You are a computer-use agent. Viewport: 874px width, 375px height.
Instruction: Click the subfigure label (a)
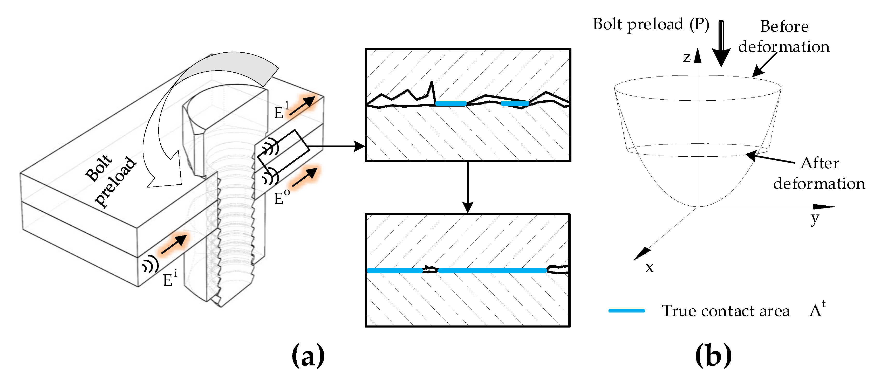pos(308,355)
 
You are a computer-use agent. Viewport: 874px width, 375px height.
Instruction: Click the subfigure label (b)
pos(713,355)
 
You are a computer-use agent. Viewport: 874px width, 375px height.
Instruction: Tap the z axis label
pos(687,57)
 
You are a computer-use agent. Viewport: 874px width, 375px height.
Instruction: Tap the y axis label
pos(815,219)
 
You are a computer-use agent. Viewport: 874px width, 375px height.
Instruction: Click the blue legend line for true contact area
pos(626,311)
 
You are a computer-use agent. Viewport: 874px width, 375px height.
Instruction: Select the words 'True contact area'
pos(725,311)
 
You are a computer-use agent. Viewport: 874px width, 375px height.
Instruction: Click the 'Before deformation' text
pos(784,37)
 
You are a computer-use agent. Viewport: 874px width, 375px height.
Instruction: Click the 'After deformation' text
pos(819,173)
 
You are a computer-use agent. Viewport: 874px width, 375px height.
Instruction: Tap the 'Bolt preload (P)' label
pos(650,25)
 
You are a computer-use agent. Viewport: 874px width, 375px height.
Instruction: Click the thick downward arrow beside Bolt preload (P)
pos(721,44)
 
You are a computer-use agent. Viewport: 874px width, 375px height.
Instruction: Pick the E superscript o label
pos(281,197)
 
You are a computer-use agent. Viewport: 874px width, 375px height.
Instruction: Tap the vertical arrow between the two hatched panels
pos(468,187)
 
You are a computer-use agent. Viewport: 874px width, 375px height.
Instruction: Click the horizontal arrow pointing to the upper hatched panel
pos(336,146)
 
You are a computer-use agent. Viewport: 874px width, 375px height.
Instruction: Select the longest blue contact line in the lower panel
pos(492,270)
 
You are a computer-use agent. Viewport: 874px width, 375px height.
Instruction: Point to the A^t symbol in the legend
pos(817,309)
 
